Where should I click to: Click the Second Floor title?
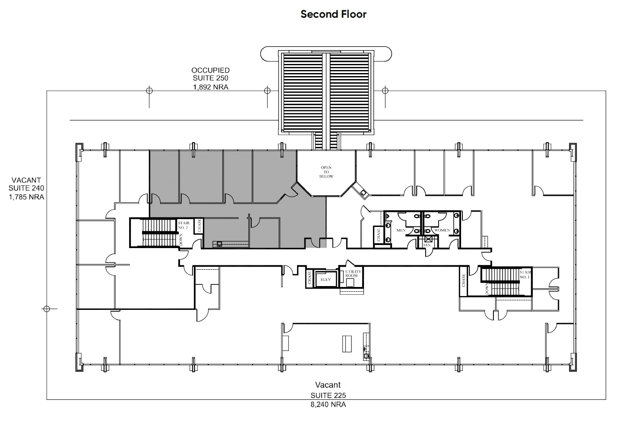click(333, 14)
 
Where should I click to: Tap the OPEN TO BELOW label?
click(326, 172)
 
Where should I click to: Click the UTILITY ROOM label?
click(351, 274)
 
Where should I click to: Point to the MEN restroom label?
click(401, 230)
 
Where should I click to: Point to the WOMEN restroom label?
click(442, 230)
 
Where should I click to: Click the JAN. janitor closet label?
click(427, 245)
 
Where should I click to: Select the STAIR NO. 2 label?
click(183, 225)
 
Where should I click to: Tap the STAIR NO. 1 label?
click(525, 274)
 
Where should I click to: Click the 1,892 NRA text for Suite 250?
click(211, 87)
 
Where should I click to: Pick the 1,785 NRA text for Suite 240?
click(26, 197)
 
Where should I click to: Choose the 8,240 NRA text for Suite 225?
click(328, 405)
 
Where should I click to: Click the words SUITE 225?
click(328, 395)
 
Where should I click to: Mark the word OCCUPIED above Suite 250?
click(211, 70)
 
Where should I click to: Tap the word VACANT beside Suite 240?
click(26, 180)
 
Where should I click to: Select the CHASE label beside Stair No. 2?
click(199, 226)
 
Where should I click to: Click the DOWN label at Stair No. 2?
click(181, 240)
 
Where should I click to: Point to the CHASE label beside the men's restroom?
click(379, 235)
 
